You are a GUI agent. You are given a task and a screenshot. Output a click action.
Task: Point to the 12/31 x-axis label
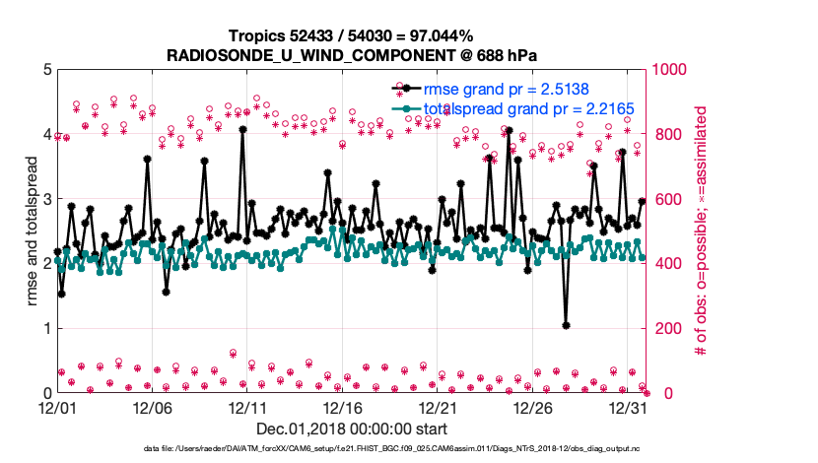629,406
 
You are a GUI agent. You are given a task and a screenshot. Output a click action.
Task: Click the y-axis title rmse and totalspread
33,231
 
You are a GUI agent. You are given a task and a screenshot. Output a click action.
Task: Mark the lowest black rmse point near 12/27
566,325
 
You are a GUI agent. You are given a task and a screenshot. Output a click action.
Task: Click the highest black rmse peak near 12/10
242,128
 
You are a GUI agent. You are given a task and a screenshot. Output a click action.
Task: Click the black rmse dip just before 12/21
432,269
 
